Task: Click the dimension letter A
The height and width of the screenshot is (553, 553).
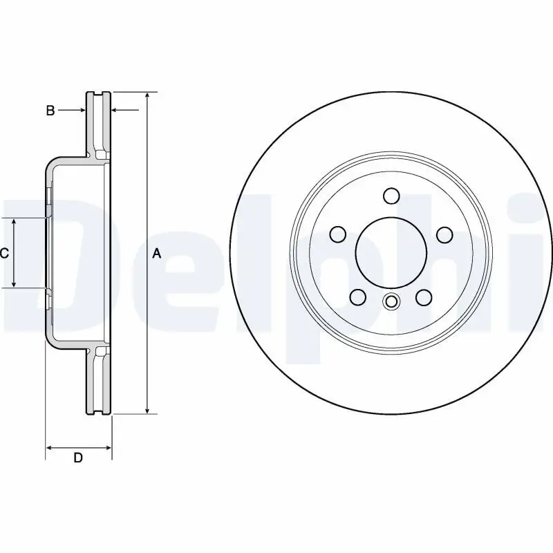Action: coord(156,254)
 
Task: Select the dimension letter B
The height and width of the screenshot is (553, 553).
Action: coord(50,111)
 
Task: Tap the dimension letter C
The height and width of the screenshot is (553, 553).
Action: coord(4,254)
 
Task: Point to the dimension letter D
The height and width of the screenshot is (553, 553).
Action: coord(78,458)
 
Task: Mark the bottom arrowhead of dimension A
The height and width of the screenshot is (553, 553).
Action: coord(147,410)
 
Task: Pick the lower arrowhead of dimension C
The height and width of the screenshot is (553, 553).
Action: coord(15,283)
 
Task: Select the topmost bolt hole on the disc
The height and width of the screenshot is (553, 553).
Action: coord(391,196)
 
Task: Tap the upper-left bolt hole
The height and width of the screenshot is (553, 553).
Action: coord(337,234)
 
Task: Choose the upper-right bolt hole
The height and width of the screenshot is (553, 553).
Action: coord(444,234)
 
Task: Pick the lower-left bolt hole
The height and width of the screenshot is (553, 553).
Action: coord(357,297)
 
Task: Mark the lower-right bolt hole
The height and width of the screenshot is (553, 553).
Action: coord(424,297)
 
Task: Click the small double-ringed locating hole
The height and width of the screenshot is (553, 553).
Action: coord(391,301)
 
